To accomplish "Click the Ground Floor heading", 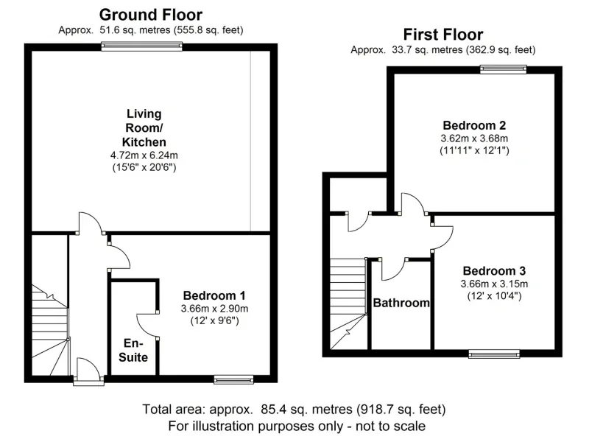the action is (x=151, y=15).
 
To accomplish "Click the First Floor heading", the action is (x=443, y=35).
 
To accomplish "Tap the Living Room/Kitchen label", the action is (x=144, y=127).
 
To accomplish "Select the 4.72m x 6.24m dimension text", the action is (x=144, y=155).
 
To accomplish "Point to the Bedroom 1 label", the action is (x=214, y=295).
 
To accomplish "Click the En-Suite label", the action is (x=133, y=350).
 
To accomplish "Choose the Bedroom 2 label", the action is (x=474, y=125).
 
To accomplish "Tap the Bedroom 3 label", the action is (x=494, y=270).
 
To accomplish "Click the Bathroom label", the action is (x=401, y=303).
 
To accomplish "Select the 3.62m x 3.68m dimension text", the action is (x=474, y=138).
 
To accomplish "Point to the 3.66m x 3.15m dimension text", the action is (x=494, y=284).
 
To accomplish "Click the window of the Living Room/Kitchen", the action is (x=141, y=46).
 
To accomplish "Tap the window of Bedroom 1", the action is (x=233, y=379).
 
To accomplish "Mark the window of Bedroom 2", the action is (x=504, y=69).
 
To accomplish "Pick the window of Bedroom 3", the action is (x=494, y=354).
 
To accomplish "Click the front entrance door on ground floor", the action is (x=88, y=371).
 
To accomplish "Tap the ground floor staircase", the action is (x=50, y=330).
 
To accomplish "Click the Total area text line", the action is (x=294, y=409).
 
